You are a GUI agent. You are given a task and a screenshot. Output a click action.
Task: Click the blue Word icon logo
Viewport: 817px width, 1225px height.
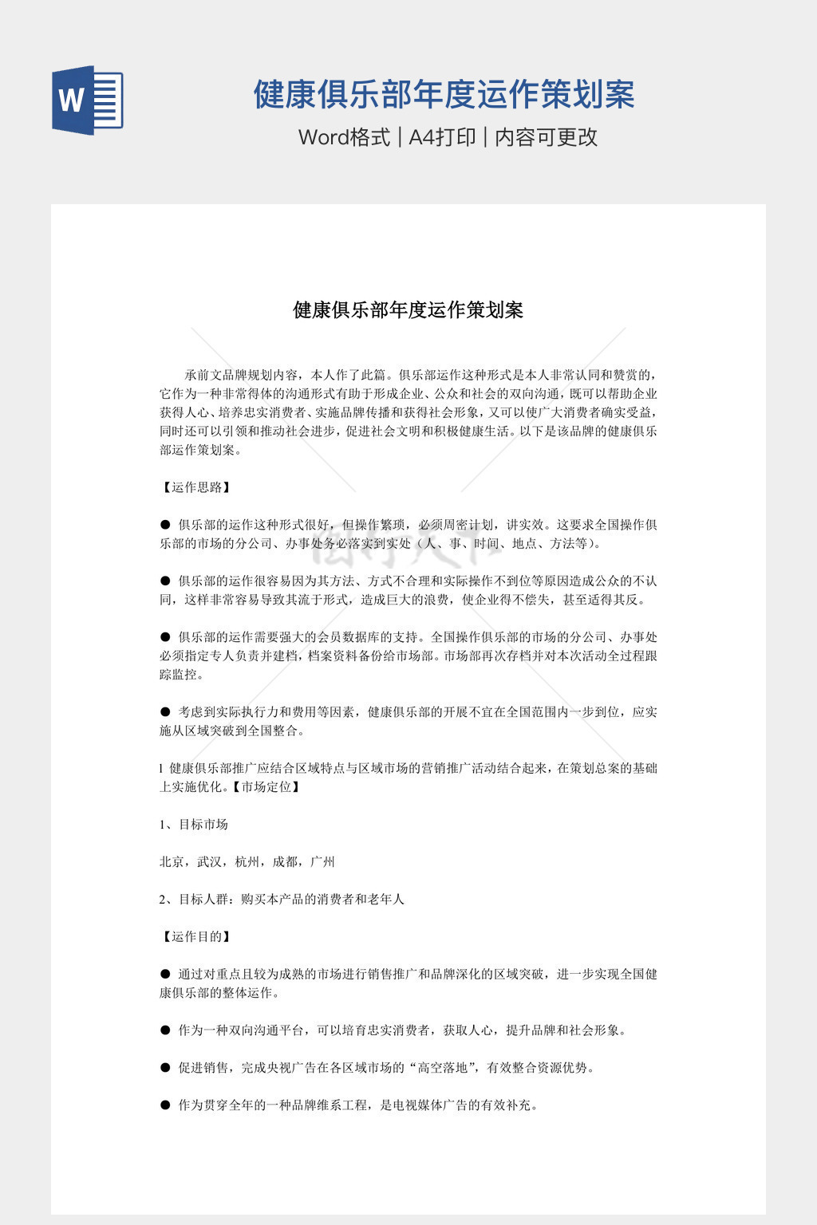click(87, 100)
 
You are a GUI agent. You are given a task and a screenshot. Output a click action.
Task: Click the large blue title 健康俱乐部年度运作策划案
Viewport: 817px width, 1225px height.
click(444, 94)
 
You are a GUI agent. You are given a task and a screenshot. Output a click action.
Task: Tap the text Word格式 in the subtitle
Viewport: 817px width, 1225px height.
click(344, 137)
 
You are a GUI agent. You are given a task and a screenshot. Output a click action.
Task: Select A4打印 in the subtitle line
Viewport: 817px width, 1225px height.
click(442, 137)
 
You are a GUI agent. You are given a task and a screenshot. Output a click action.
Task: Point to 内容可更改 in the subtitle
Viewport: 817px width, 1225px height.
click(546, 137)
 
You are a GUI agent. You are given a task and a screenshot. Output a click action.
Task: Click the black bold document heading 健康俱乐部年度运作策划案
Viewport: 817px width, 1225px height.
click(408, 310)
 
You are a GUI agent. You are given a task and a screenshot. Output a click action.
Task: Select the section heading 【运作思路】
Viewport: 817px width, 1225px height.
click(196, 487)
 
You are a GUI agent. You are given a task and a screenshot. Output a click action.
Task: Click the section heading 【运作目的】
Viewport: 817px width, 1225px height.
click(196, 936)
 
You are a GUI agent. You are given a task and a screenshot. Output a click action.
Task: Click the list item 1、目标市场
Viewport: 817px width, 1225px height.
click(194, 824)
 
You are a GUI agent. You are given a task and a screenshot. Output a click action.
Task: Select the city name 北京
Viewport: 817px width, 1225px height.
click(172, 861)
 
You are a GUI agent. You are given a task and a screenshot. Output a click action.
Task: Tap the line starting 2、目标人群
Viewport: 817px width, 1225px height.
click(282, 899)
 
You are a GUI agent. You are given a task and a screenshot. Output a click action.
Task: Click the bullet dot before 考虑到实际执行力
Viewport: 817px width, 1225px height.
click(165, 711)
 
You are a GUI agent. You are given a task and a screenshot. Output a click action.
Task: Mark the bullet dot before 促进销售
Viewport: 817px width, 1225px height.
click(165, 1067)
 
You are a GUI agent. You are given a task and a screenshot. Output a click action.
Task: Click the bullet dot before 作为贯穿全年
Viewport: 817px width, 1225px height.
click(165, 1105)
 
